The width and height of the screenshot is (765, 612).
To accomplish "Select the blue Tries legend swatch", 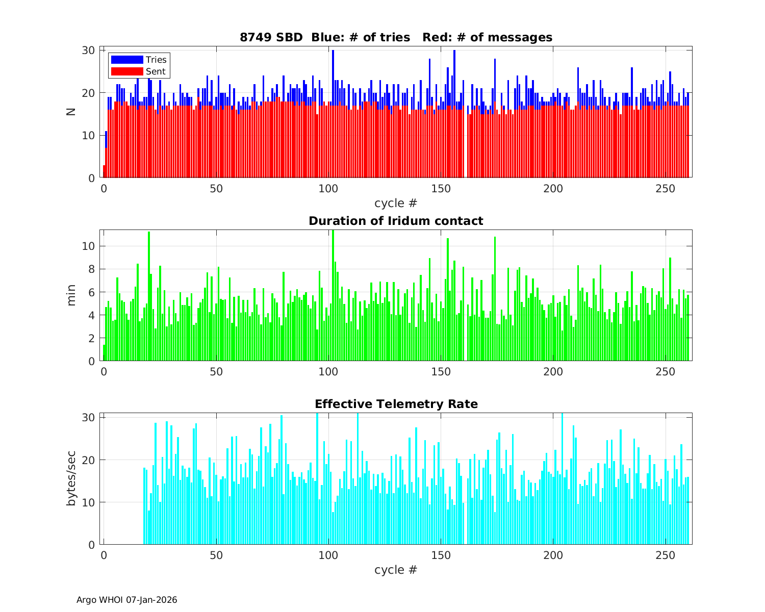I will pyautogui.click(x=127, y=60).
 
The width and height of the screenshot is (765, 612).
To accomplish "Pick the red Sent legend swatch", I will pyautogui.click(x=127, y=71).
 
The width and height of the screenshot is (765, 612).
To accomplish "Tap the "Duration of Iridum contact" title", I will pyautogui.click(x=396, y=221).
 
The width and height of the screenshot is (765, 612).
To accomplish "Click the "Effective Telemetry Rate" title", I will pyautogui.click(x=396, y=404).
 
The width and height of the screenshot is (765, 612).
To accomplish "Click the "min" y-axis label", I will pyautogui.click(x=71, y=295).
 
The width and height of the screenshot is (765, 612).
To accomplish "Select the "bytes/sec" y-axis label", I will pyautogui.click(x=71, y=478).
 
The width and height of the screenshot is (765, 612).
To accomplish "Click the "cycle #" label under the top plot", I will pyautogui.click(x=396, y=203).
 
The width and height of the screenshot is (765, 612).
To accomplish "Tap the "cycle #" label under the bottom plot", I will pyautogui.click(x=396, y=569).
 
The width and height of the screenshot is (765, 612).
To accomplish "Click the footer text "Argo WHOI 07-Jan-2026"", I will pyautogui.click(x=127, y=600).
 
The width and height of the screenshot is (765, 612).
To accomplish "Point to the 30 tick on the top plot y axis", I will pyautogui.click(x=89, y=50).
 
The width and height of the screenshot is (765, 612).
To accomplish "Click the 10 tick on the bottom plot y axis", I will pyautogui.click(x=89, y=502).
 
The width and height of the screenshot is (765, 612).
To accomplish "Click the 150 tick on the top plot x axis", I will pyautogui.click(x=441, y=188).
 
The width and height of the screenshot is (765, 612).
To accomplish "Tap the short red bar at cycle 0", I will pyautogui.click(x=104, y=172).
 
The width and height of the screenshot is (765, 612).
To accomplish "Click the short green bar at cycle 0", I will pyautogui.click(x=104, y=353).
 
